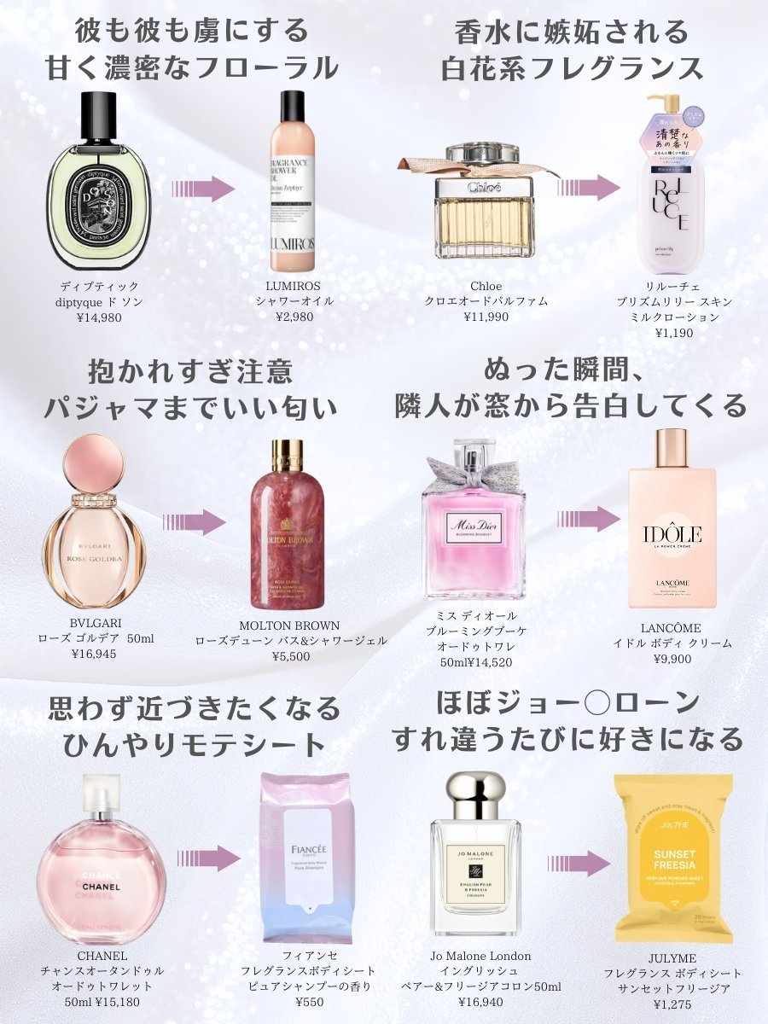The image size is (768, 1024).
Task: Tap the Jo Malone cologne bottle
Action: coord(476,862)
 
